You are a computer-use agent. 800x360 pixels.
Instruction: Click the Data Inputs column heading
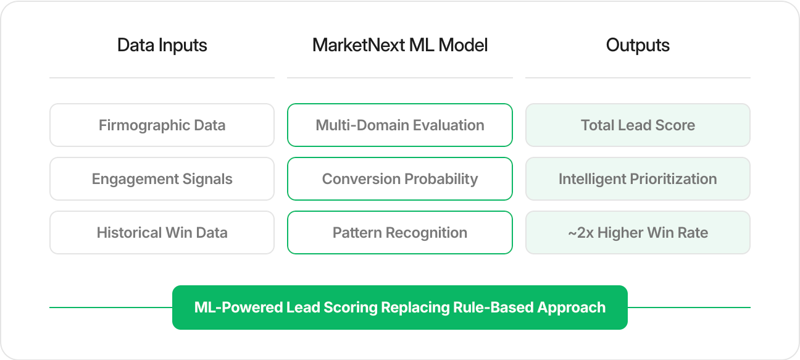click(162, 46)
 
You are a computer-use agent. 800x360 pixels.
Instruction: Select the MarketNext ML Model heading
click(400, 46)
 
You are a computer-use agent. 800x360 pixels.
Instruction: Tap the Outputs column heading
click(638, 46)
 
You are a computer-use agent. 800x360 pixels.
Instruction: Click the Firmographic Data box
click(162, 125)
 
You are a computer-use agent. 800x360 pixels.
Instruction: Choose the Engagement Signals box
click(162, 179)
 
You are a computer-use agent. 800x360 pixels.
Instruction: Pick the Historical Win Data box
click(162, 233)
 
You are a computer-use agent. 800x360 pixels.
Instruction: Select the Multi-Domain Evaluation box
click(400, 125)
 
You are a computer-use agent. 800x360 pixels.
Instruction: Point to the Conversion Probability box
click(400, 179)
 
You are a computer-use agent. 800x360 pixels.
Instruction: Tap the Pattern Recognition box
click(400, 233)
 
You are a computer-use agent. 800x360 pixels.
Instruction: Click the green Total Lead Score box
click(638, 125)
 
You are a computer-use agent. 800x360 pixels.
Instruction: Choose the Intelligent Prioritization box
click(638, 179)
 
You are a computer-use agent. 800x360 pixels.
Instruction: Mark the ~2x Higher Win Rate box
click(638, 233)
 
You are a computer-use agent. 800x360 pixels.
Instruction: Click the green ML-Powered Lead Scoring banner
click(400, 308)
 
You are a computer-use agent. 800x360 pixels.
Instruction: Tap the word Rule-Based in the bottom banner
click(498, 308)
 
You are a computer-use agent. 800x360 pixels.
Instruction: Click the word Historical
click(129, 233)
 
